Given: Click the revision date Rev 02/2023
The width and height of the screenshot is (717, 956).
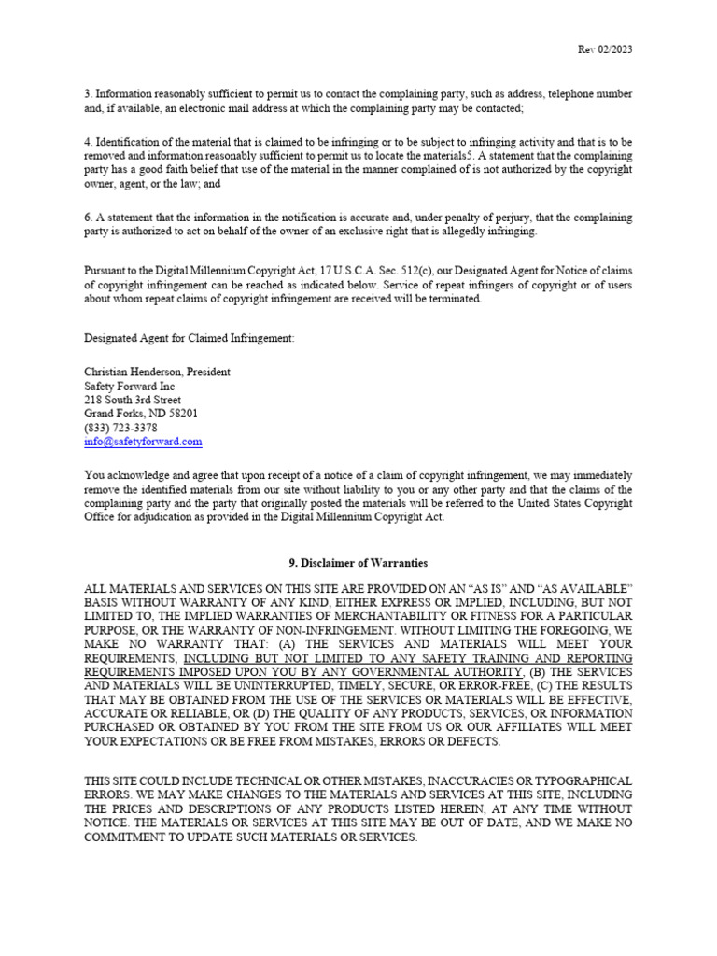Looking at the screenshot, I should pos(606,49).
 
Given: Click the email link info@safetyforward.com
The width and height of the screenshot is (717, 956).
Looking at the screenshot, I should pos(143,442).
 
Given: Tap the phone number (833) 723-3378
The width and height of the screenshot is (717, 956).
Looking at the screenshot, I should pos(121,428).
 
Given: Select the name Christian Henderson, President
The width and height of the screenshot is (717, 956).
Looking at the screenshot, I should pos(157,372).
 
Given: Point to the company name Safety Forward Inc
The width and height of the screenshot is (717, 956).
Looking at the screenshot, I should pos(130,386).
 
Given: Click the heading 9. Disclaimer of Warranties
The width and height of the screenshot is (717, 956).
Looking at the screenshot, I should pos(358,563).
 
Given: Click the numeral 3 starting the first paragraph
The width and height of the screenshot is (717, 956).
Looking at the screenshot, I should pos(88,94).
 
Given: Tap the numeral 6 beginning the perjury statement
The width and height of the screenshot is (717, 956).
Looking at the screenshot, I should pos(88,218).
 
